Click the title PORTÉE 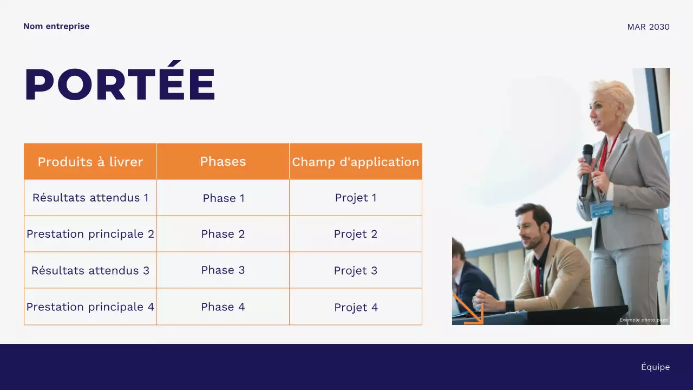pyautogui.click(x=120, y=84)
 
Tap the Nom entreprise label pyautogui.click(x=56, y=26)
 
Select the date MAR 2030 pyautogui.click(x=648, y=27)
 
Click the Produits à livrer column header pyautogui.click(x=90, y=161)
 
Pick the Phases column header pyautogui.click(x=223, y=161)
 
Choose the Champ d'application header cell pyautogui.click(x=356, y=161)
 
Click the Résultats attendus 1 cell pyautogui.click(x=90, y=198)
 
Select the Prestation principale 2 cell pyautogui.click(x=90, y=234)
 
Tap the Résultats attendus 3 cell pyautogui.click(x=90, y=270)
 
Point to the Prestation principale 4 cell pyautogui.click(x=90, y=307)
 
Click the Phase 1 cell pyautogui.click(x=223, y=198)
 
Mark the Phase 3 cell pyautogui.click(x=223, y=270)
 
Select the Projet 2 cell pyautogui.click(x=356, y=234)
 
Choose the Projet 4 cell pyautogui.click(x=356, y=307)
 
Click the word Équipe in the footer pyautogui.click(x=655, y=367)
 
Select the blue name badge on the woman pyautogui.click(x=601, y=209)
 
